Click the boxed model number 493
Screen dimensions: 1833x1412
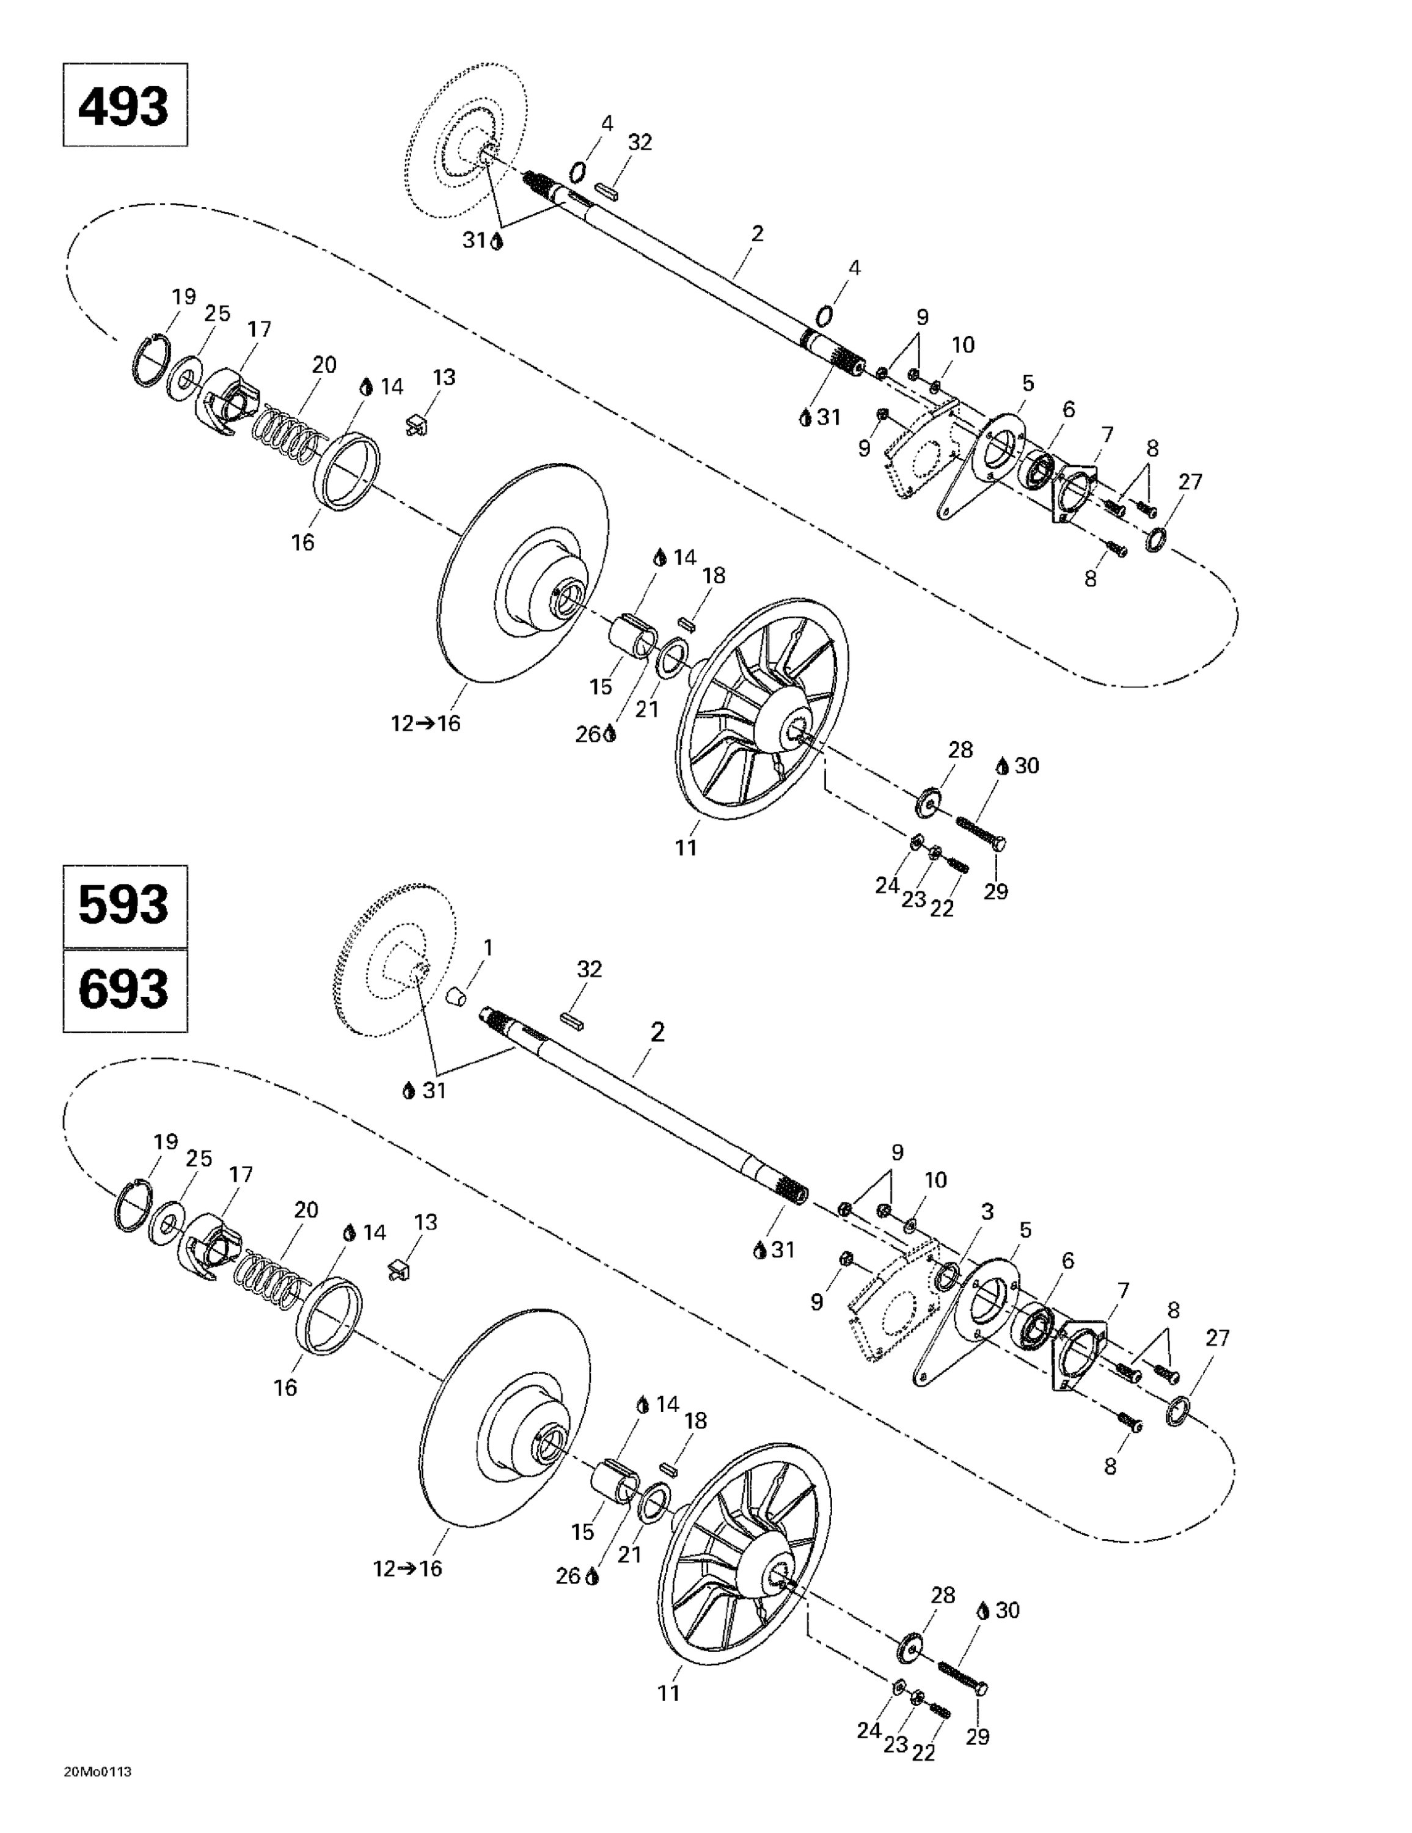124,106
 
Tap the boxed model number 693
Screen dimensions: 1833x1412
124,990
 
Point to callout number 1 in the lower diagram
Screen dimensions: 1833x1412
488,948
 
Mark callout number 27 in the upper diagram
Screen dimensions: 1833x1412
1190,481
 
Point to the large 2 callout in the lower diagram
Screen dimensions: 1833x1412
657,1033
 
